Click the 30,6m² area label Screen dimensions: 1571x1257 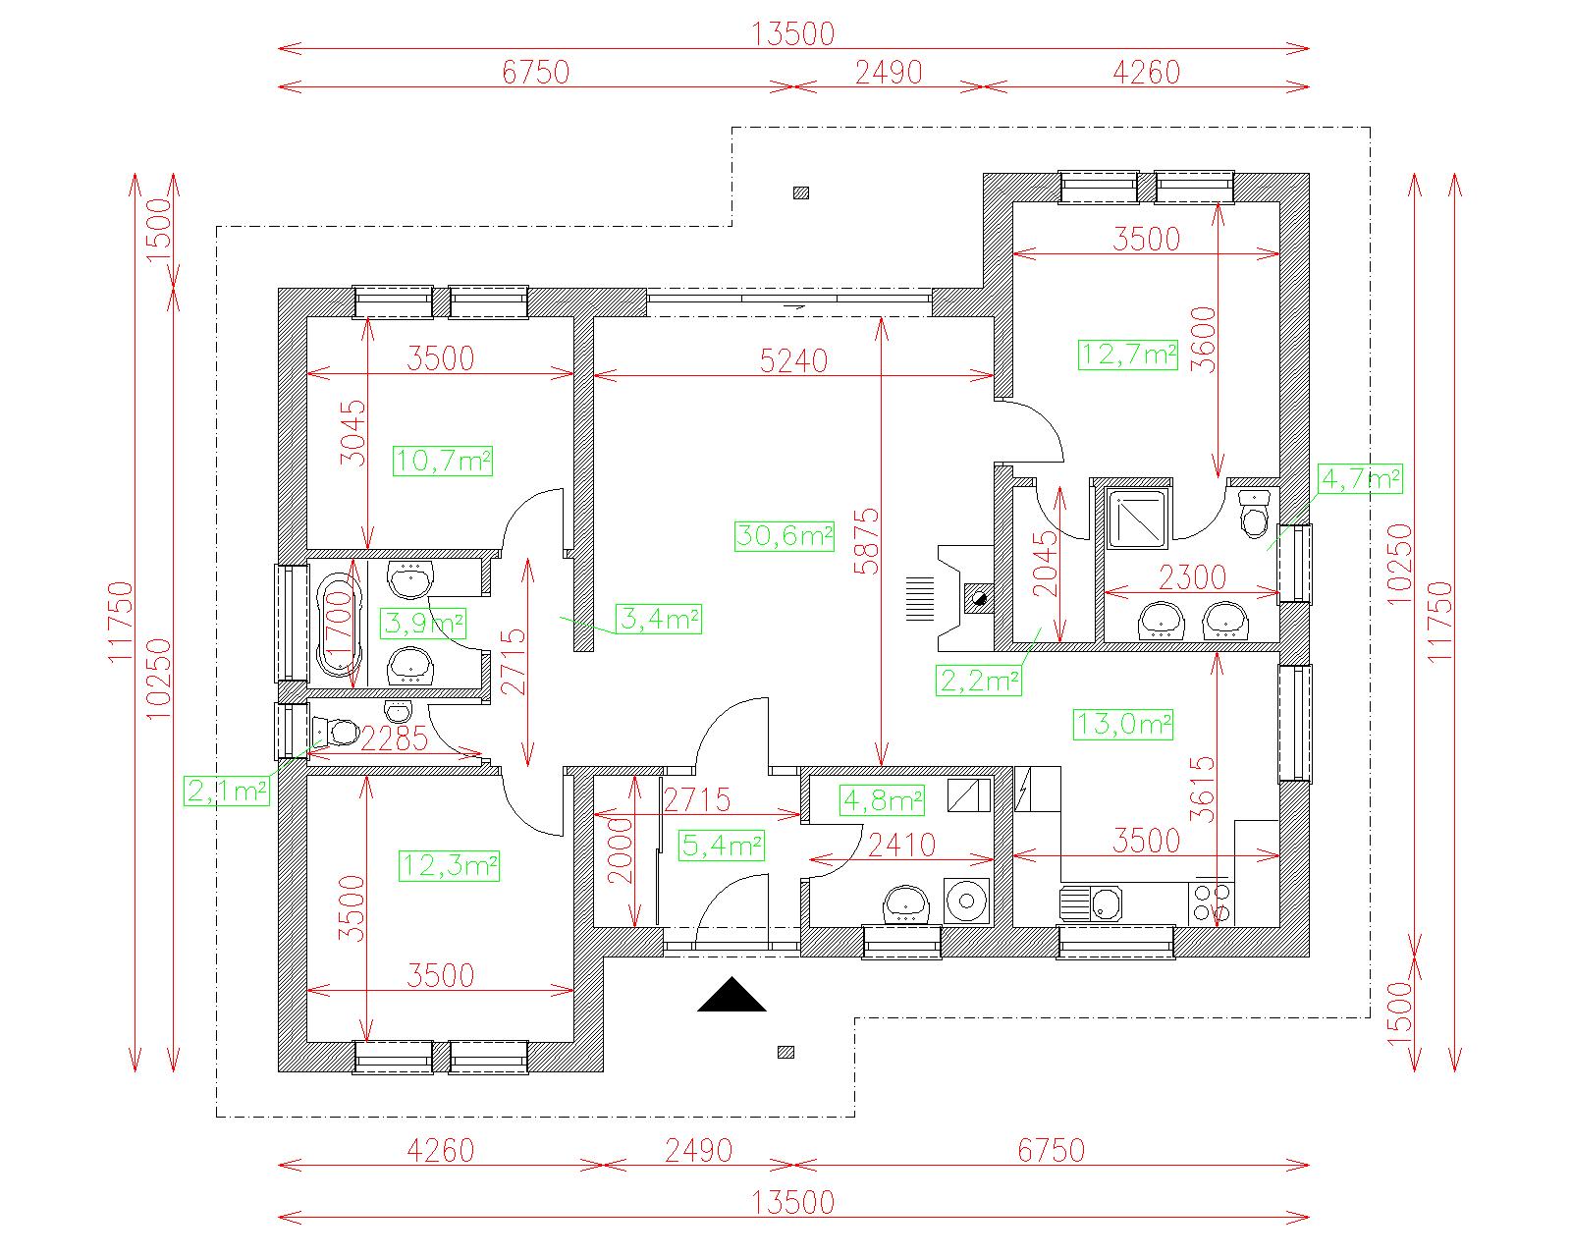785,536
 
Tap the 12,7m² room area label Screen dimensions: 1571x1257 1128,355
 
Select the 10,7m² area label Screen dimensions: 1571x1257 443,461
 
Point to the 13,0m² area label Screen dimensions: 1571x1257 1123,725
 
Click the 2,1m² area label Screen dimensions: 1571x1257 226,791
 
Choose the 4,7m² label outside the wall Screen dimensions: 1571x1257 1361,479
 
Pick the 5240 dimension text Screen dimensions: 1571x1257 793,360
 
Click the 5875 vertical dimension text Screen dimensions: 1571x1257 867,541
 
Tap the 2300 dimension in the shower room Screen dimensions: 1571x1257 1192,577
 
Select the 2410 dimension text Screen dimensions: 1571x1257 901,846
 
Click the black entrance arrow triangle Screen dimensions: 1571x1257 731,995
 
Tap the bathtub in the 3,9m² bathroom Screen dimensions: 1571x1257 339,624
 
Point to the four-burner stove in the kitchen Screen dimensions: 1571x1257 1211,905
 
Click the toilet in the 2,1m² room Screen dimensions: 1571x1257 335,730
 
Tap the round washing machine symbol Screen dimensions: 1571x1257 966,902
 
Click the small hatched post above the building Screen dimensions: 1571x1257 801,193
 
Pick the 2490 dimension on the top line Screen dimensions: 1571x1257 889,73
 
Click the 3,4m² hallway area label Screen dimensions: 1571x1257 659,619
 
